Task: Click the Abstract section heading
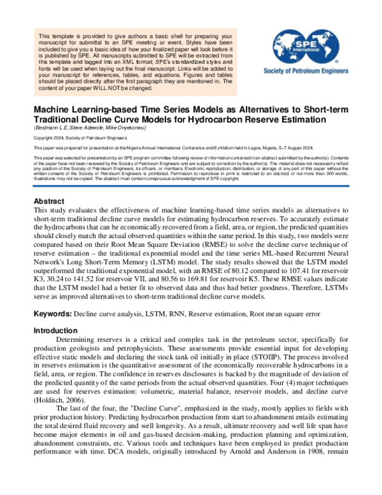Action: pyautogui.click(x=50, y=201)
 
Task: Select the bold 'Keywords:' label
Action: pyautogui.click(x=53, y=314)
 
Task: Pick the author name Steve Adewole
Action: pyautogui.click(x=90, y=128)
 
